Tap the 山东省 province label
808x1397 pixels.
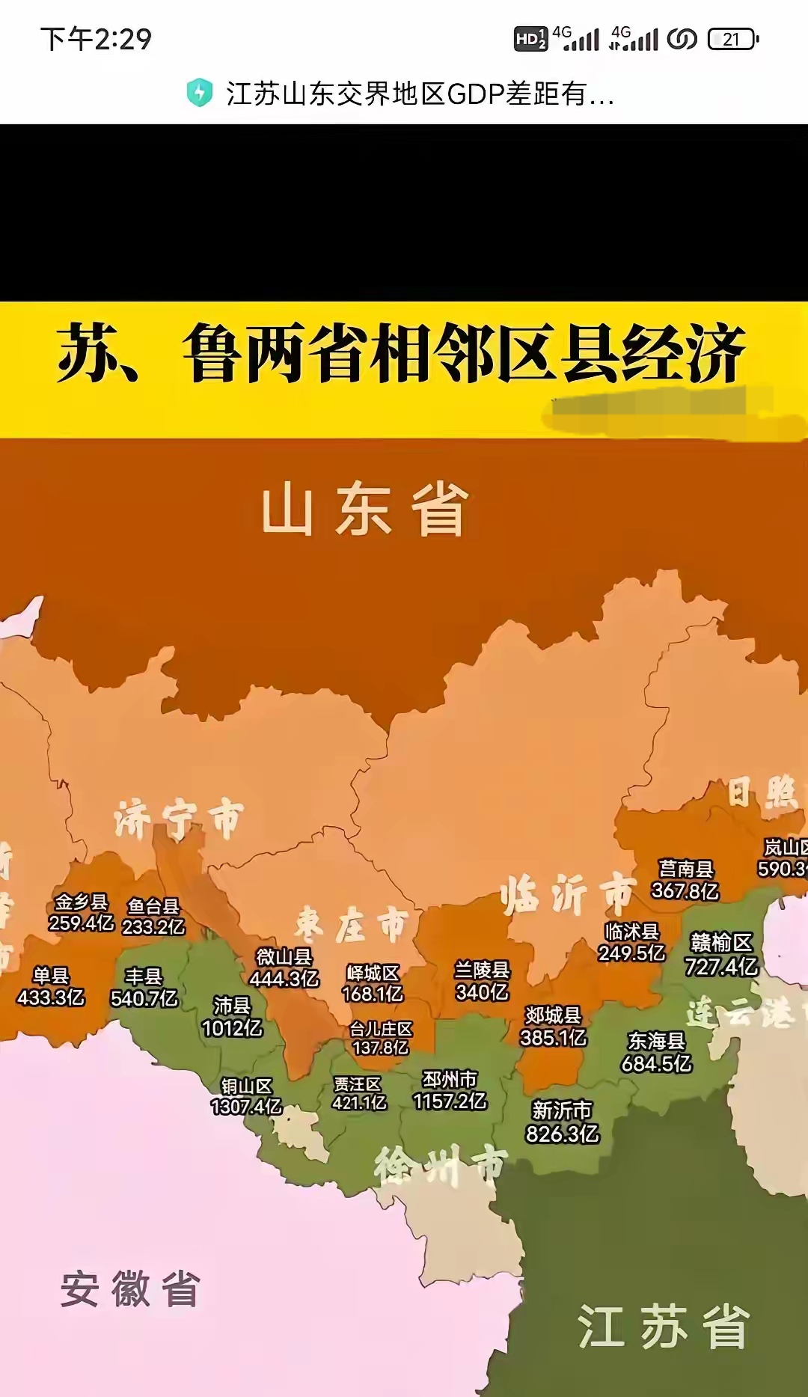click(365, 509)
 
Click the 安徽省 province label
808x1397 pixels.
click(130, 1289)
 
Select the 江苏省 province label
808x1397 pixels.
click(663, 1326)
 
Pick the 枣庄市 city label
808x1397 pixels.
click(352, 925)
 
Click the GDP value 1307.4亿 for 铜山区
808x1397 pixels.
click(246, 1106)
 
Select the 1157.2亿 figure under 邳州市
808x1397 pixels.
click(450, 1101)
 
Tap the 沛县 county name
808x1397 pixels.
click(232, 1005)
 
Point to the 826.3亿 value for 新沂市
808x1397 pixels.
click(563, 1134)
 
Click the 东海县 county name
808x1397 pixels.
click(656, 1041)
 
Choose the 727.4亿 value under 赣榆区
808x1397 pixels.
click(721, 966)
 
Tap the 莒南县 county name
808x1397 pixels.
click(685, 869)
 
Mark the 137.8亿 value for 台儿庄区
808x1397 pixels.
click(381, 1048)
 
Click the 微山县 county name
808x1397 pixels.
click(284, 956)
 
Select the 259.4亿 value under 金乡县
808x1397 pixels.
click(82, 923)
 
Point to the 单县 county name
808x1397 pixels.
click(51, 975)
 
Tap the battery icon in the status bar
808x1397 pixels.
click(732, 39)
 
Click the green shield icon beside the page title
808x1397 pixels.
click(199, 93)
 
